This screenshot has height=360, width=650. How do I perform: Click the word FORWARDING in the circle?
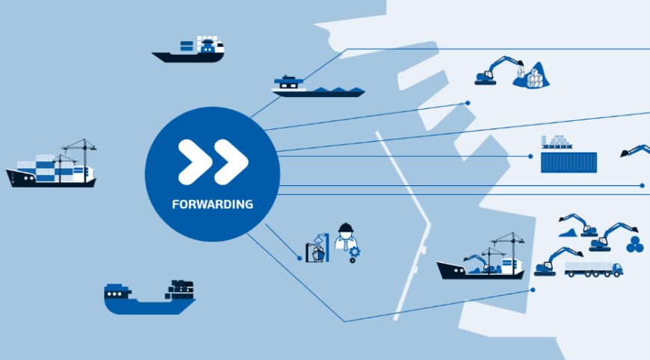tap(212, 204)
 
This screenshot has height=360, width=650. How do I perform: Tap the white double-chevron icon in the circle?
tap(213, 162)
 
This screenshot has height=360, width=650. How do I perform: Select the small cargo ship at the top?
tap(188, 50)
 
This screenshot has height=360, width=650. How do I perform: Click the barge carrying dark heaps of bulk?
tap(318, 87)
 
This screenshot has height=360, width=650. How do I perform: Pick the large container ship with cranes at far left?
tap(51, 164)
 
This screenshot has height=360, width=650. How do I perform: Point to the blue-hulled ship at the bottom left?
tap(149, 297)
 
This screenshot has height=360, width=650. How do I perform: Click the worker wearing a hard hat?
tap(346, 238)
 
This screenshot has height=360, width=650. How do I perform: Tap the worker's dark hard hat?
tap(345, 228)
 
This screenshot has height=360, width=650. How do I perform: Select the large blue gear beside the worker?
tap(354, 252)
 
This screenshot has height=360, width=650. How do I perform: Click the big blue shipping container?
tap(569, 162)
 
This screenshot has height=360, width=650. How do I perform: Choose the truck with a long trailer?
tap(594, 270)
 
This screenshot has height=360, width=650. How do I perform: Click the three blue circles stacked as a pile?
tap(634, 244)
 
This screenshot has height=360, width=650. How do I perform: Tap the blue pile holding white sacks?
tap(532, 76)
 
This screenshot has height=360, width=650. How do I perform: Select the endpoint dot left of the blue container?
tap(530, 156)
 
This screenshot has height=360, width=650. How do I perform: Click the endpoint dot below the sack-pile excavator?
tap(468, 103)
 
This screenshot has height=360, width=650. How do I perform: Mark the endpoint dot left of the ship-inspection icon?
tap(300, 258)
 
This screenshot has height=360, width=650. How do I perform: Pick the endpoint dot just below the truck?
tap(533, 290)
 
